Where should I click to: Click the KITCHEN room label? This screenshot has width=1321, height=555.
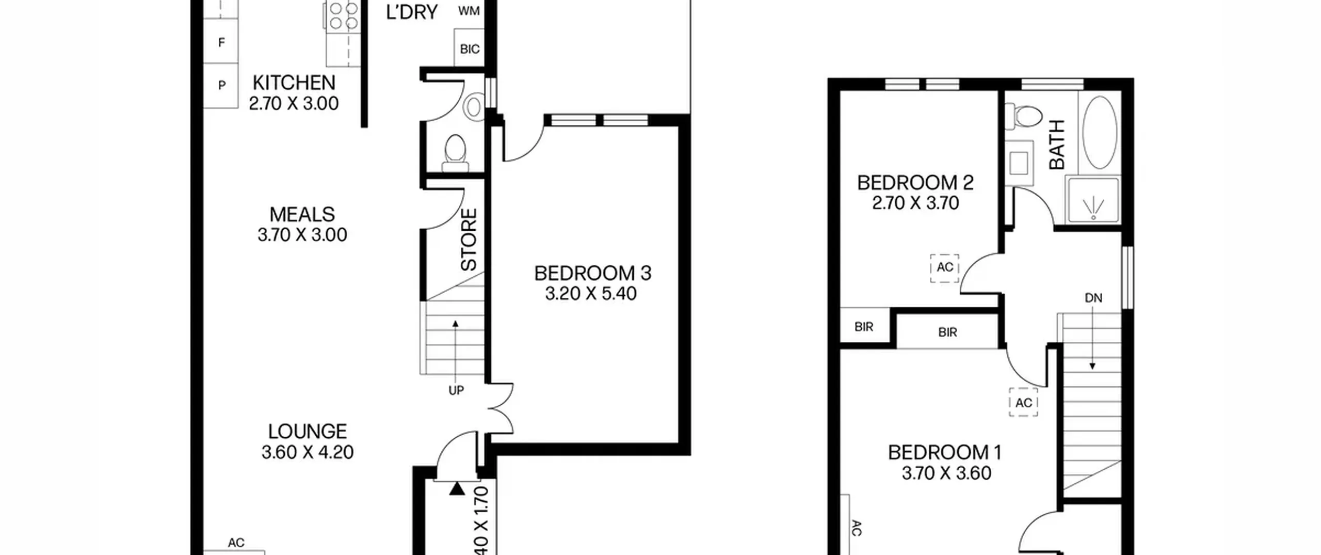tap(294, 83)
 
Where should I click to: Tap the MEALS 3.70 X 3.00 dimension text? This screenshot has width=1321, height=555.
tap(302, 235)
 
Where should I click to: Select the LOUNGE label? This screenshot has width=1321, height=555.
tap(308, 431)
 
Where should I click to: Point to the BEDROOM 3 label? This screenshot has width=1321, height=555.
tap(592, 273)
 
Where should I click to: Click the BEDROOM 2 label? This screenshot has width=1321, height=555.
tap(915, 183)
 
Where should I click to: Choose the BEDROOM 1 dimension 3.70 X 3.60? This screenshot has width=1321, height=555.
tap(946, 473)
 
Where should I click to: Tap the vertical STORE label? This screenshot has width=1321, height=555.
tap(469, 240)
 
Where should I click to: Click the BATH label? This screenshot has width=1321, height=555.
tap(1057, 145)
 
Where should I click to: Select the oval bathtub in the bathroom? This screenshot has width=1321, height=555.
tap(1100, 132)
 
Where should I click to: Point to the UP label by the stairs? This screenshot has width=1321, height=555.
tap(456, 391)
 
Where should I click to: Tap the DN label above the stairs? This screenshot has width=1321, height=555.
tap(1093, 298)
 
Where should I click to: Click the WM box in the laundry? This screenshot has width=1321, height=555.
tap(469, 11)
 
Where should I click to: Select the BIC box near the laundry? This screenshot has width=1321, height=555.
tap(470, 49)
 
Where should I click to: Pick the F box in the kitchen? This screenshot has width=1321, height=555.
tap(221, 42)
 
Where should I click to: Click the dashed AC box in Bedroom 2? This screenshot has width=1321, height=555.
tap(945, 268)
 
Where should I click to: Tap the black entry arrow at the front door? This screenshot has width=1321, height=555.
tap(457, 489)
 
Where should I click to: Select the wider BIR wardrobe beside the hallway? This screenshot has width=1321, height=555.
tap(947, 332)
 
